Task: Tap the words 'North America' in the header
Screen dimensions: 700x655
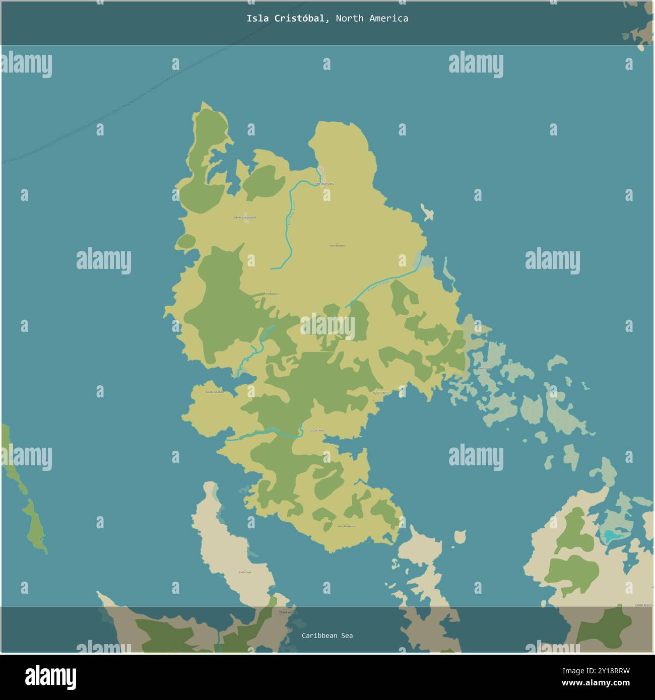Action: coord(372,19)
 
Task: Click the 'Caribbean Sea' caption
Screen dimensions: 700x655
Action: coord(327,636)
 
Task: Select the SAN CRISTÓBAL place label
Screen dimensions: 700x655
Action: coord(324,184)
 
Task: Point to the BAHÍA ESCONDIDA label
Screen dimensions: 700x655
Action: coord(245,218)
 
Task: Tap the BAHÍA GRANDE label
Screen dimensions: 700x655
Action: coord(215,392)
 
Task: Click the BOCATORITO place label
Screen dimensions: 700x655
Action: coord(380,392)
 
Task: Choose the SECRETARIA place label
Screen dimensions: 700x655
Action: coord(317,431)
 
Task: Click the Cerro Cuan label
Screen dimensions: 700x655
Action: coord(245,573)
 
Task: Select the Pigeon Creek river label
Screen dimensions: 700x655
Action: coord(378,289)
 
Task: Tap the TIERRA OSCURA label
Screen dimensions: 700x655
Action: coord(285,612)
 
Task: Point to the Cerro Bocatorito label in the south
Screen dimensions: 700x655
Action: coord(346,526)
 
